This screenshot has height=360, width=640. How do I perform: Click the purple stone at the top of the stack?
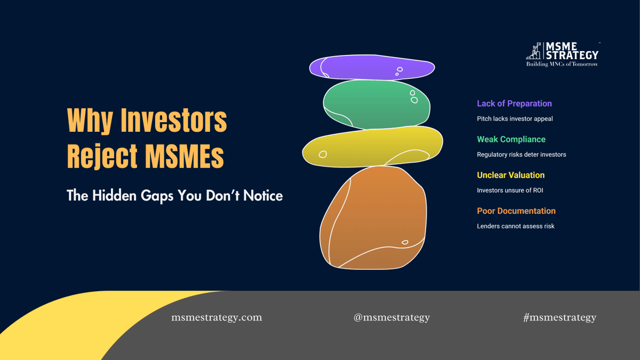point(372,68)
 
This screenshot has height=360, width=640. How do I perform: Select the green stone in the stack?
point(376,103)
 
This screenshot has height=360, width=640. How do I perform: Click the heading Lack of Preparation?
point(514,103)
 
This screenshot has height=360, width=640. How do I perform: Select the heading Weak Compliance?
point(511,139)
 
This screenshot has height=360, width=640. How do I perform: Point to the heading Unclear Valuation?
point(510,175)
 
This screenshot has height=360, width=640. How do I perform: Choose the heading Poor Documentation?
point(516,211)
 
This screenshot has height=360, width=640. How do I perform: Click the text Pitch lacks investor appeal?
point(515,119)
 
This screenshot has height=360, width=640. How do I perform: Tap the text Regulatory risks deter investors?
point(521,155)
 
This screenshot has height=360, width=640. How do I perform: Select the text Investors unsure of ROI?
point(510,190)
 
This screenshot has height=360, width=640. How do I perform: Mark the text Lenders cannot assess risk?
point(515,226)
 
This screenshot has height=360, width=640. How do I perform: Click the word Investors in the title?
point(174,121)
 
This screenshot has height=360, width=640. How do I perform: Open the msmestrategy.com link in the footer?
point(217,317)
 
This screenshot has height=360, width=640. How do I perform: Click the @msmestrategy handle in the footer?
point(391,317)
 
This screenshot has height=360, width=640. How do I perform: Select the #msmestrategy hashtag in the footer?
point(559,317)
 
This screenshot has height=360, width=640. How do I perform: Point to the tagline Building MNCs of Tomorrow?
point(562,65)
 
